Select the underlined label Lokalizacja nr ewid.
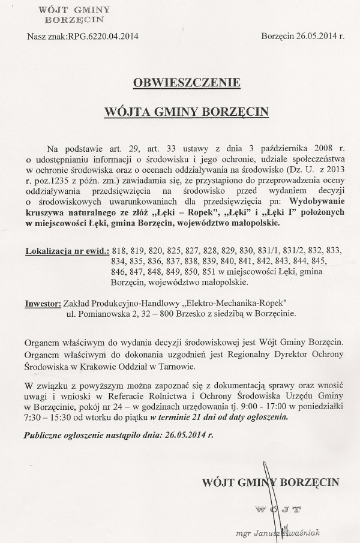(67, 250)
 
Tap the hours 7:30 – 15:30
(48, 416)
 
